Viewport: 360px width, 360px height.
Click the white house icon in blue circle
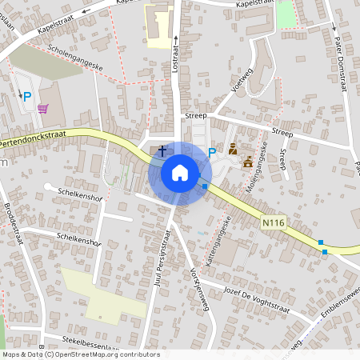180,173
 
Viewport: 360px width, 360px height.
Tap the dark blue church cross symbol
162,150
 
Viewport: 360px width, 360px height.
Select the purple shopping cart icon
42,109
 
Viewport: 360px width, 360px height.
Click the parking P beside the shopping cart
26,97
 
